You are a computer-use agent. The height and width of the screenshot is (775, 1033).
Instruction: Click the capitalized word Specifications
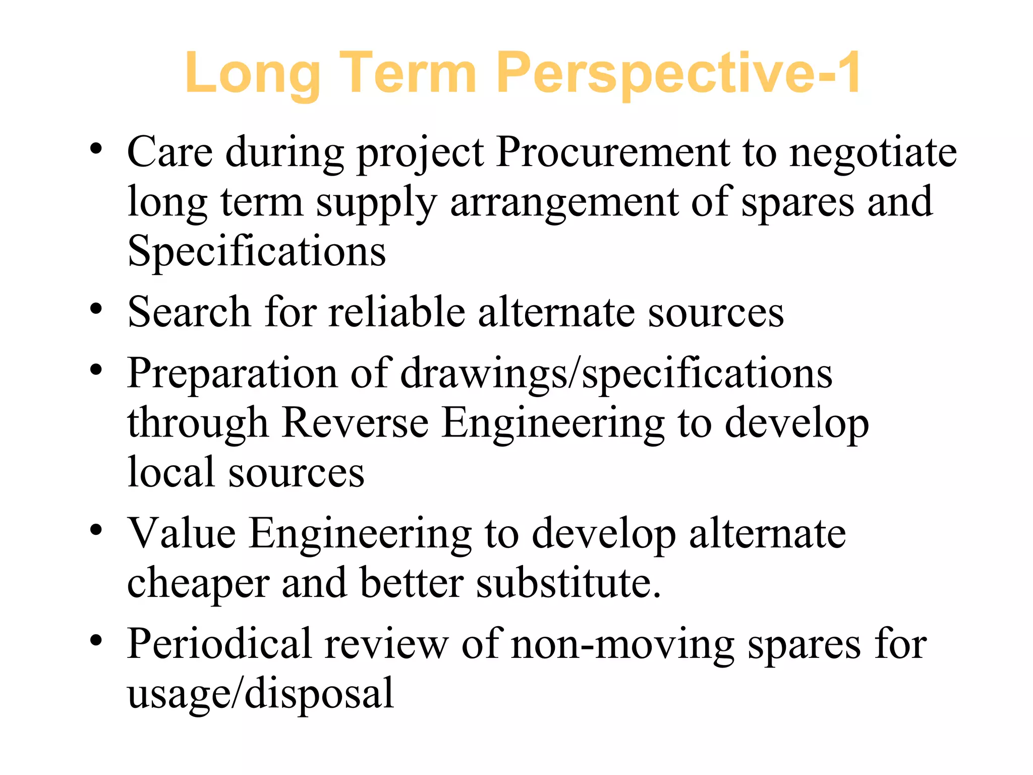[257, 251]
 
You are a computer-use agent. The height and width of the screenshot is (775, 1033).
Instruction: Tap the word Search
[189, 312]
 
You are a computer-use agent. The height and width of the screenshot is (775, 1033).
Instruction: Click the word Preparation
[232, 373]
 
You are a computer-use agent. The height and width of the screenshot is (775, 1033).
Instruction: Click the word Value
[182, 533]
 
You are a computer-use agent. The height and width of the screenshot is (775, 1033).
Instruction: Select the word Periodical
[219, 644]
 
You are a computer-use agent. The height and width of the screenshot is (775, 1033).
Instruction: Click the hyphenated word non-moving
[622, 645]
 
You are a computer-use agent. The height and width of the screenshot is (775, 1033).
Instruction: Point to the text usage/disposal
[260, 693]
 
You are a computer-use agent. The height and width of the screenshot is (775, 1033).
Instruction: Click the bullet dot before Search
[96, 309]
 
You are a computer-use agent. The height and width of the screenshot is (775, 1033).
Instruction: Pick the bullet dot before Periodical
[96, 641]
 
